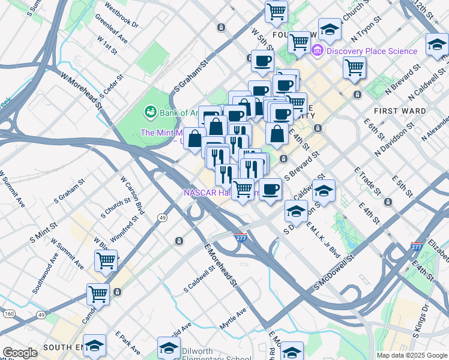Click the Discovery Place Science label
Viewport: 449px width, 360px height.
point(372,51)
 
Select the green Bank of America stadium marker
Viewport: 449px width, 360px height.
point(149,112)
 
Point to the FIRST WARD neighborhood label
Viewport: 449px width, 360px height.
point(400,111)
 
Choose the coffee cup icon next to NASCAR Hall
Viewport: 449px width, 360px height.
point(270,190)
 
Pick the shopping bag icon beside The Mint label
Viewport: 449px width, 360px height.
point(195,139)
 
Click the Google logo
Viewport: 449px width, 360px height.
point(20,353)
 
